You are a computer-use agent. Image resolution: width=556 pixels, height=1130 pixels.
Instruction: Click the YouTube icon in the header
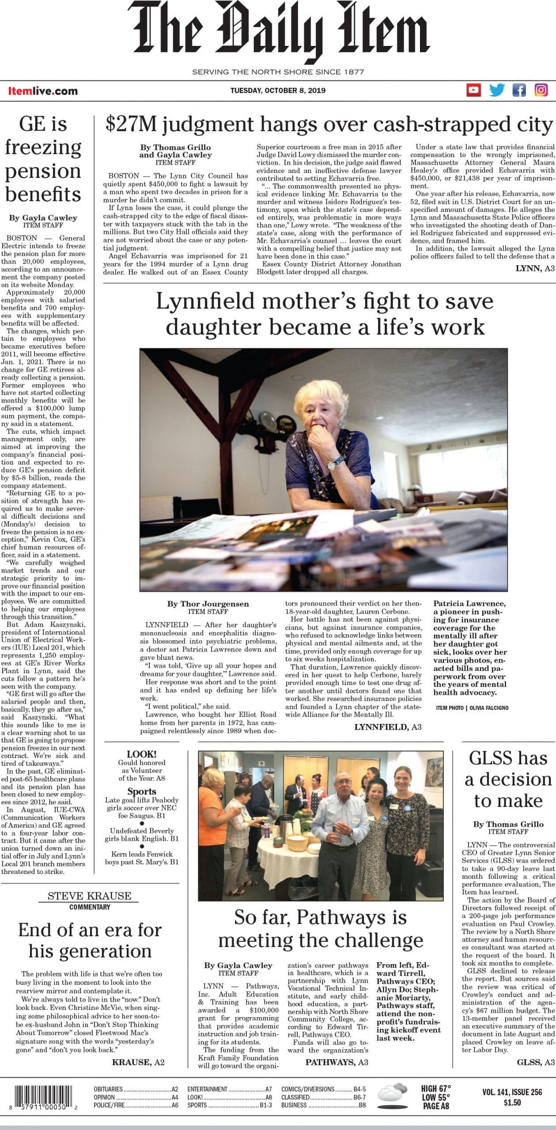(x=473, y=90)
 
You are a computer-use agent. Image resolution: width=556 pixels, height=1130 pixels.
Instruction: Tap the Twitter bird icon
(x=497, y=90)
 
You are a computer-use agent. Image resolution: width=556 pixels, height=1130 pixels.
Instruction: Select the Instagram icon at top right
(x=541, y=90)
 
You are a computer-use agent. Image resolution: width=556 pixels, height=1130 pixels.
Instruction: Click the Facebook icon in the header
(x=519, y=90)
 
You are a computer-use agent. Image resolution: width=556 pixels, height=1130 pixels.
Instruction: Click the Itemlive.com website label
(x=43, y=91)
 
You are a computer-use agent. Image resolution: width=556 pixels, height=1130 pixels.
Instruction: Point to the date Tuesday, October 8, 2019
(x=278, y=90)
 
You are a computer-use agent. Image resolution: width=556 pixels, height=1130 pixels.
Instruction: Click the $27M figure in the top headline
(x=131, y=125)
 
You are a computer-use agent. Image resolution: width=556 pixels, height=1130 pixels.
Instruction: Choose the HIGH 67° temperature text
(x=435, y=1088)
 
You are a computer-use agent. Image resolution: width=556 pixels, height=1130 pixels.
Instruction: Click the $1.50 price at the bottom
(x=512, y=1102)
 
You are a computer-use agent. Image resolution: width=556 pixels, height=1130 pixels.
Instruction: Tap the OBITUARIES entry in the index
(x=108, y=1089)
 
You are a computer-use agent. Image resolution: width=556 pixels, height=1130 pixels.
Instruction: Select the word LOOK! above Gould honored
(x=141, y=754)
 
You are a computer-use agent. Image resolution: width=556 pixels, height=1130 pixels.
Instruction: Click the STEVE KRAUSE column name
(x=90, y=896)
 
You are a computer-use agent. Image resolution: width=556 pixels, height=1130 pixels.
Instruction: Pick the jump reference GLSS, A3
(x=536, y=1062)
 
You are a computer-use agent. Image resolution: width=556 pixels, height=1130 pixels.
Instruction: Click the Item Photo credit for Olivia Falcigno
(x=472, y=708)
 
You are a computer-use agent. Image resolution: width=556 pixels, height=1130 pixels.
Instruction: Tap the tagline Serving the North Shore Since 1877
(x=278, y=72)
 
